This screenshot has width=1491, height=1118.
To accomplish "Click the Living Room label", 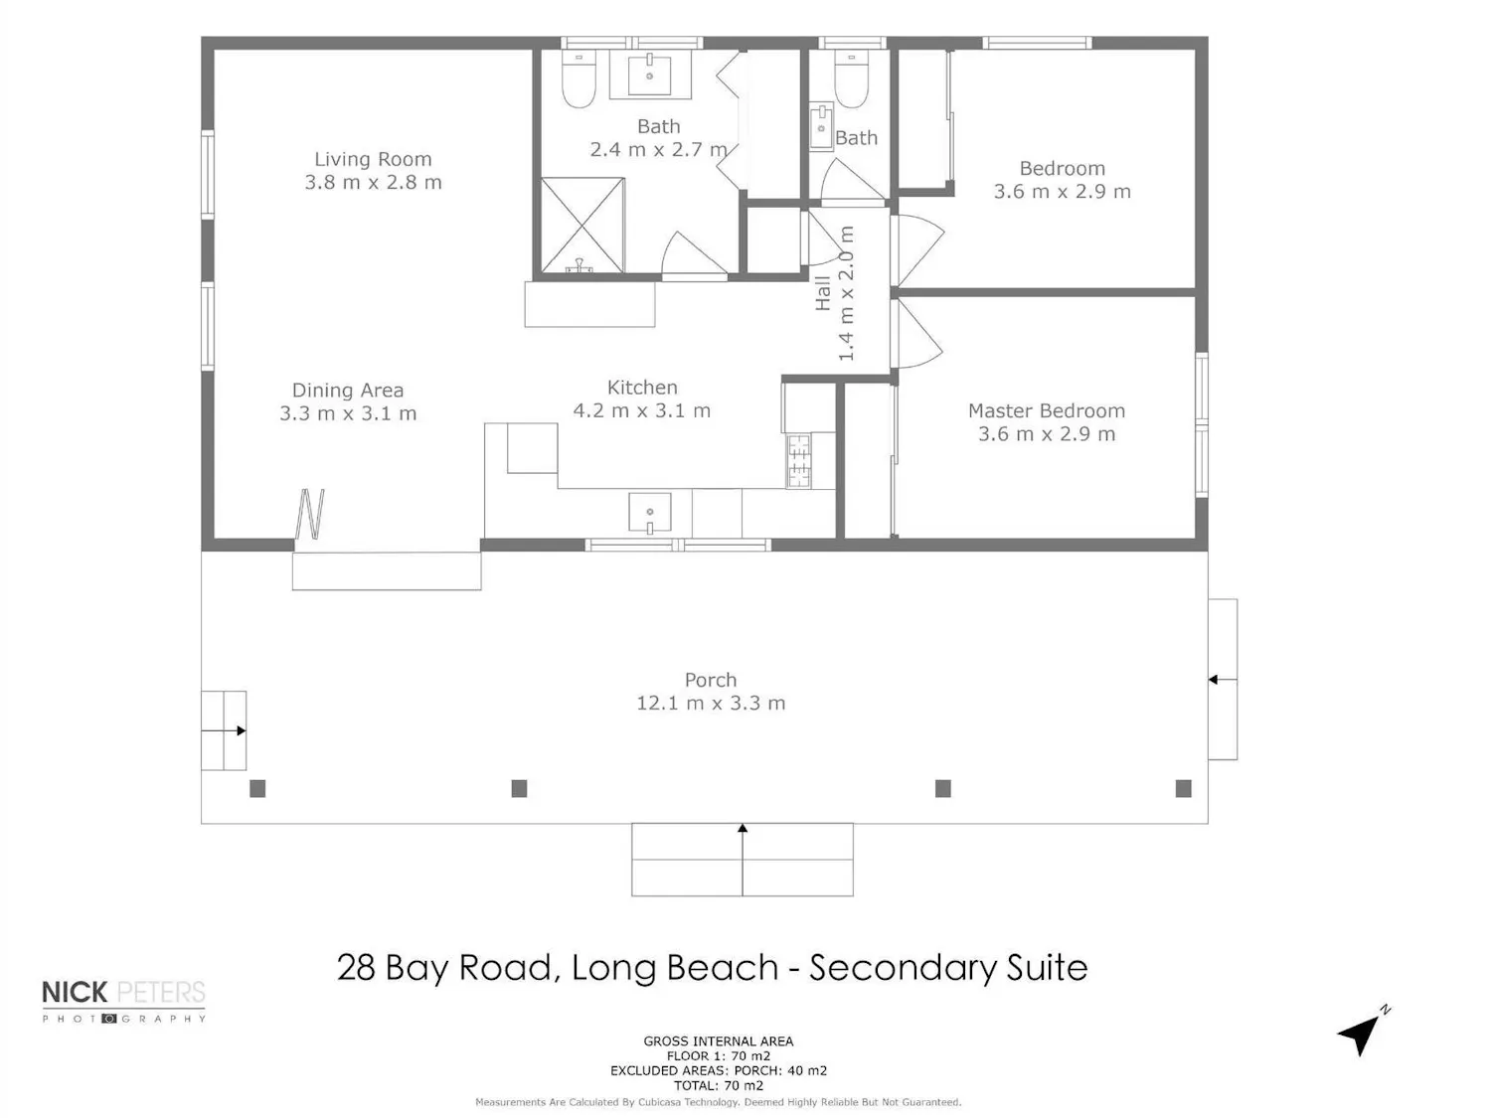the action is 372,159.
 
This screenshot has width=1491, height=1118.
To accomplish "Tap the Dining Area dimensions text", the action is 348,413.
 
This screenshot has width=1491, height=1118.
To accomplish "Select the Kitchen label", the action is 642,388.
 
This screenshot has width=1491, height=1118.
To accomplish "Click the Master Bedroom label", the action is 1046,410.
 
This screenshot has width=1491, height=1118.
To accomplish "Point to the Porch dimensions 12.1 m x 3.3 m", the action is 711,703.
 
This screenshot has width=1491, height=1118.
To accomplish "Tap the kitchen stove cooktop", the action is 799,461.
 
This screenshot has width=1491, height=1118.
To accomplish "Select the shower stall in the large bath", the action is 582,225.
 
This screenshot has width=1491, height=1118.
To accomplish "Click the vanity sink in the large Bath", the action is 649,74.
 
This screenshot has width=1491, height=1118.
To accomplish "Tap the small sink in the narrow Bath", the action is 821,126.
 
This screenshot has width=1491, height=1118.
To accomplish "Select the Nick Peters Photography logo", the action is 123,1001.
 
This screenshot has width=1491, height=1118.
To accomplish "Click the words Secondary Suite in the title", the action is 948,967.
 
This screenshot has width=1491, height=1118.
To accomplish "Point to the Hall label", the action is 823,293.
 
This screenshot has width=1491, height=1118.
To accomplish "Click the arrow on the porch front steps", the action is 743,860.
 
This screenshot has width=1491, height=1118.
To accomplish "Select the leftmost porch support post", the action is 257,788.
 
